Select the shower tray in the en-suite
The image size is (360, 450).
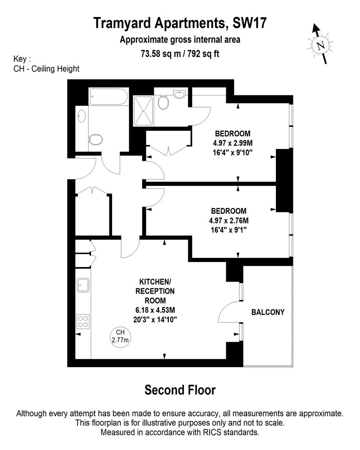point(144,111)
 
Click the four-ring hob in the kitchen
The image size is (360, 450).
point(83,321)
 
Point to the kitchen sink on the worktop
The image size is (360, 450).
point(83,285)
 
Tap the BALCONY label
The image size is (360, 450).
point(267,312)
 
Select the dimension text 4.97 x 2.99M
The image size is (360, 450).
point(232,143)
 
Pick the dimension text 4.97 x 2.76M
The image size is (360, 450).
point(229,220)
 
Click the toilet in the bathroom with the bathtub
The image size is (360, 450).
point(96,139)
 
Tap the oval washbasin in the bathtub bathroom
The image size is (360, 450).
point(82,115)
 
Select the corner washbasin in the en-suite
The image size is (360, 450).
point(181,95)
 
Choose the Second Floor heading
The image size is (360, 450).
point(180,390)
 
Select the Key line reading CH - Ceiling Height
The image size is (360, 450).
point(46,69)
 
